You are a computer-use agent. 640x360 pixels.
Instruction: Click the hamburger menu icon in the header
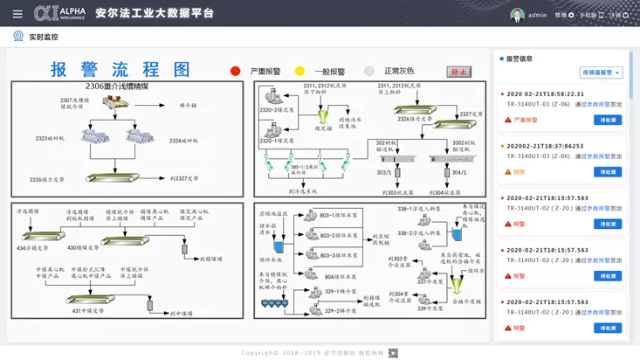pos(17,14)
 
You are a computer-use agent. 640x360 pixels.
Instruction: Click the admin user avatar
pos(517,15)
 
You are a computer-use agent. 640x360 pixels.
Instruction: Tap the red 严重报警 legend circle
pos(236,72)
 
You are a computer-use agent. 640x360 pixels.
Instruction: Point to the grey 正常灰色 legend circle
pos(369,72)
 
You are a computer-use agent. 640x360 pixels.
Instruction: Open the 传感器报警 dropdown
pos(601,73)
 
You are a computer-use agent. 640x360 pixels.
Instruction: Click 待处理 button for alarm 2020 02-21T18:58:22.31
pos(607,121)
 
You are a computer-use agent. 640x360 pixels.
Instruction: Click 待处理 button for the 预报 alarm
pos(607,172)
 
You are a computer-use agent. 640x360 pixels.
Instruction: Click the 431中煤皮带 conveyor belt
pos(96,300)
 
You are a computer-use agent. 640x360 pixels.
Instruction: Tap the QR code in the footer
pos(393,352)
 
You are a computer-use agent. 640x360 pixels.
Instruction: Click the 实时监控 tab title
pos(44,37)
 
